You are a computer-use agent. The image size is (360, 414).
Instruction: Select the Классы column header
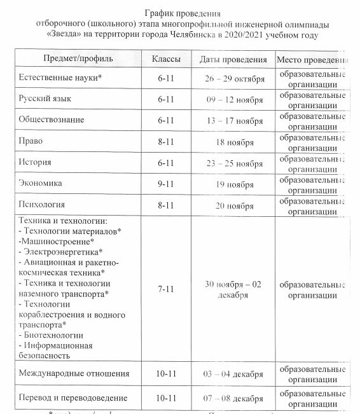[165, 59]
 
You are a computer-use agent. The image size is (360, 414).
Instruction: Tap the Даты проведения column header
[233, 59]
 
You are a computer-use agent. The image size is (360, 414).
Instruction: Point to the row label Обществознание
[52, 120]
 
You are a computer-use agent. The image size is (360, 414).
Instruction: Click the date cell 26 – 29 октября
[233, 78]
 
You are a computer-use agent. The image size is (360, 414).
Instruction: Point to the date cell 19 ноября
[233, 184]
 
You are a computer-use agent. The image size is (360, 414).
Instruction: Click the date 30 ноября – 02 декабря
[233, 289]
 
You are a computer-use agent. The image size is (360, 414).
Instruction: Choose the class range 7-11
[165, 289]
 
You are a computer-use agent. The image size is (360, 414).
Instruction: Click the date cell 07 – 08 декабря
[233, 398]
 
